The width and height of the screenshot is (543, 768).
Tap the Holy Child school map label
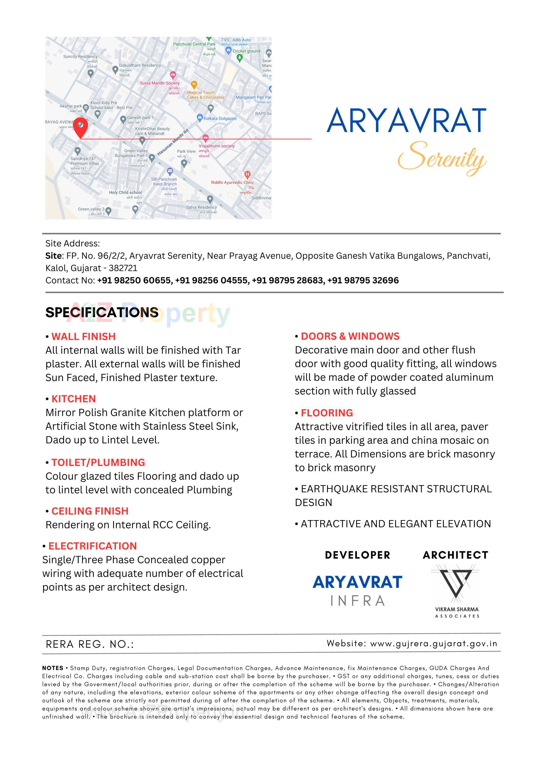[x=125, y=192]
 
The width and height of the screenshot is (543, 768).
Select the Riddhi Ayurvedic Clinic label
[x=232, y=183]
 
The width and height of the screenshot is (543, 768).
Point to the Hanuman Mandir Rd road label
[x=173, y=142]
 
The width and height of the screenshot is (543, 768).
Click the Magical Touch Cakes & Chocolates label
[x=205, y=95]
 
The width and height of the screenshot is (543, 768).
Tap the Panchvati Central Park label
[x=194, y=44]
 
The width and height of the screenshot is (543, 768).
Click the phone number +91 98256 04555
[x=212, y=280]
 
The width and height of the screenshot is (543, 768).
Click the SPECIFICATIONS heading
[x=102, y=312]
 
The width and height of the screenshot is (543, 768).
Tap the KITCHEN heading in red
[x=74, y=399]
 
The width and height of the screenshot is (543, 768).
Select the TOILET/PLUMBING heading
[x=98, y=462]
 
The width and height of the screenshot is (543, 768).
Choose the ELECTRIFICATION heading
[x=93, y=546]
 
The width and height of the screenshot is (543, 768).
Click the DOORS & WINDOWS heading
[x=350, y=336]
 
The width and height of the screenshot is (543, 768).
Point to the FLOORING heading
[x=327, y=413]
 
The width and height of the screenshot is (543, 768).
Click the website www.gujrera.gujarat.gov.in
[x=434, y=643]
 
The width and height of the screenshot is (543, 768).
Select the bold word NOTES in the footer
[x=53, y=668]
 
